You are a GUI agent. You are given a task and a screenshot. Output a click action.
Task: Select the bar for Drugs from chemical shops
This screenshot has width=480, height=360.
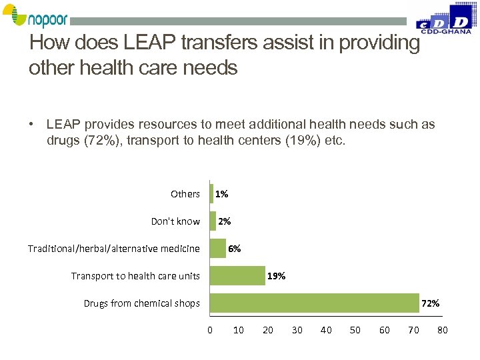314,303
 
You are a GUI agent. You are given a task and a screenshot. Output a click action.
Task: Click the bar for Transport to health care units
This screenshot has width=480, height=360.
237,276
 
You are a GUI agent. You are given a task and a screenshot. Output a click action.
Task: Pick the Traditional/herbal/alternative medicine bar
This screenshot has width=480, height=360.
218,249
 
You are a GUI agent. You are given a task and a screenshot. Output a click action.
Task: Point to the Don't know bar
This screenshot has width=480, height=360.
213,221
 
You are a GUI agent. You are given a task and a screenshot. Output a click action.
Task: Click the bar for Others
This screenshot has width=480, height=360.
211,194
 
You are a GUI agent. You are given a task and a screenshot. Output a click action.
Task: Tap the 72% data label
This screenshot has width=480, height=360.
430,303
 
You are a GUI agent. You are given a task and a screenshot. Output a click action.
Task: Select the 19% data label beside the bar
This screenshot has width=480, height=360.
276,276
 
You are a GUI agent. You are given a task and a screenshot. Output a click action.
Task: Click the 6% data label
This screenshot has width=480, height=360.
235,249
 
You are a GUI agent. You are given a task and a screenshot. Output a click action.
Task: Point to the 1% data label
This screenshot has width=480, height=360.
222,194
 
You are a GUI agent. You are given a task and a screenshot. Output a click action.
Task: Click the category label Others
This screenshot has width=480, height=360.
185,194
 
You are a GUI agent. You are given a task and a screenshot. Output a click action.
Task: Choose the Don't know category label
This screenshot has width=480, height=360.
175,221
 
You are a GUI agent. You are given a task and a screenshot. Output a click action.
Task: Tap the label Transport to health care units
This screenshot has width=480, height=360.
135,276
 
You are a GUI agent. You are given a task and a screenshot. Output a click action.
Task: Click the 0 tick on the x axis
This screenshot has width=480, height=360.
210,330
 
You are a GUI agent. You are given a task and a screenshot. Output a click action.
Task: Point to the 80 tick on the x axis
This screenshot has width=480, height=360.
442,330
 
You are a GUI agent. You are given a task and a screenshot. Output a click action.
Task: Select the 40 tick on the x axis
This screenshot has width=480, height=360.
326,330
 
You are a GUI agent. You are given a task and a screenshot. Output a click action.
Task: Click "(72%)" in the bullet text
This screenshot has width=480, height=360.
98,141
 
